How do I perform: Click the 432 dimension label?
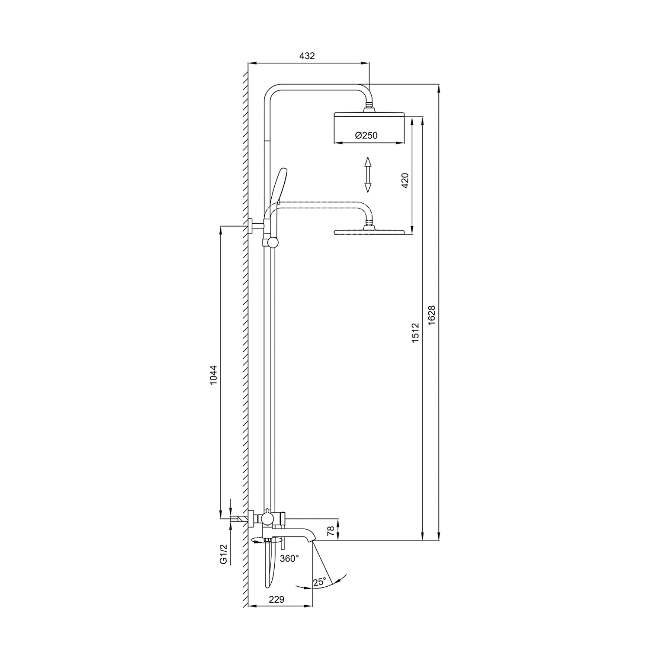[307, 56]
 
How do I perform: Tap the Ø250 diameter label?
[366, 135]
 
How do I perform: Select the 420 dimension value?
[405, 180]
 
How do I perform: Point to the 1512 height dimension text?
[415, 333]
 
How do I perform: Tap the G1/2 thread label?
[223, 554]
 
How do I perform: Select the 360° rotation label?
[289, 559]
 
